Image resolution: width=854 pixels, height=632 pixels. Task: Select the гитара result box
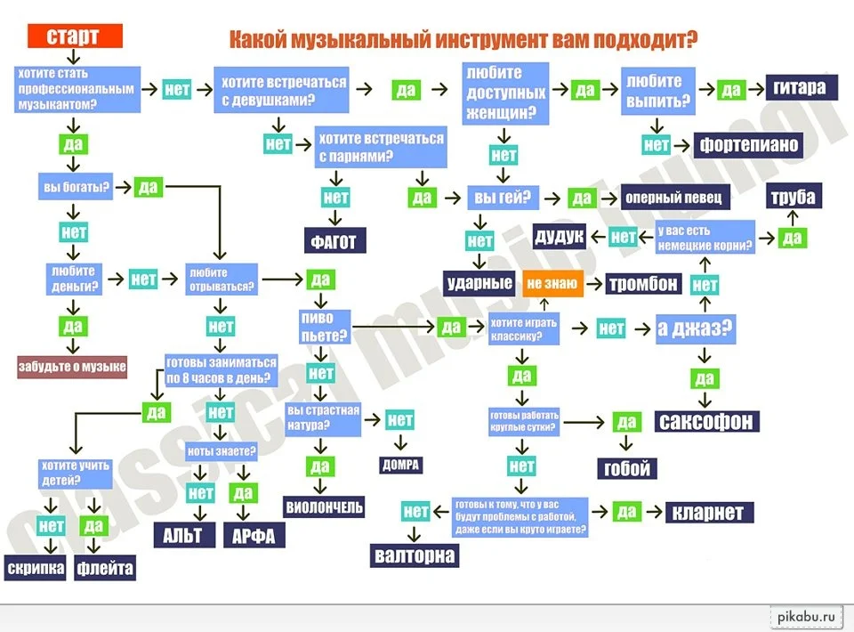pyautogui.click(x=800, y=87)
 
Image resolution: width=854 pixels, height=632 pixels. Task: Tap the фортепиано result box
pyautogui.click(x=749, y=144)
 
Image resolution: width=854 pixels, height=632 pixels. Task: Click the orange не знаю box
pyautogui.click(x=552, y=284)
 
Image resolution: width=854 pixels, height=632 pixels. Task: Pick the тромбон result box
pyautogui.click(x=643, y=284)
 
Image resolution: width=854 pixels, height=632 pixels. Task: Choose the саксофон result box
pyautogui.click(x=707, y=420)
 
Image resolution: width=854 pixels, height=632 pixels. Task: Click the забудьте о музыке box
pyautogui.click(x=72, y=367)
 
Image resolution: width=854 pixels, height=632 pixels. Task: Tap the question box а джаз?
pyautogui.click(x=695, y=328)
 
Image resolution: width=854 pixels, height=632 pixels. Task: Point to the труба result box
pyautogui.click(x=794, y=197)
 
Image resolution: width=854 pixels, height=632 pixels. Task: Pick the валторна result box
pyautogui.click(x=415, y=555)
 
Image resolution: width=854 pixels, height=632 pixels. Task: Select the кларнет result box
pyautogui.click(x=709, y=513)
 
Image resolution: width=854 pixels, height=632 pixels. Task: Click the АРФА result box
pyautogui.click(x=254, y=535)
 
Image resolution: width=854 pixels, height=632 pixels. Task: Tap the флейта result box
pyautogui.click(x=105, y=567)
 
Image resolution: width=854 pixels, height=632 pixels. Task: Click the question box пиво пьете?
pyautogui.click(x=324, y=328)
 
